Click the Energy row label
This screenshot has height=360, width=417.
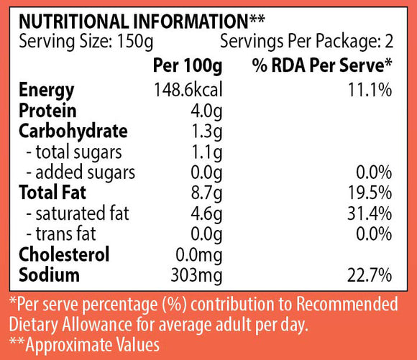point(47,91)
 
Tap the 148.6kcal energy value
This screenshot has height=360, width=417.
point(188,90)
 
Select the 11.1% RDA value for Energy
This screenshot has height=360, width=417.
point(370,90)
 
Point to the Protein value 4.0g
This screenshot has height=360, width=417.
point(206,111)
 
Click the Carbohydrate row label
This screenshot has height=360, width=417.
point(73,131)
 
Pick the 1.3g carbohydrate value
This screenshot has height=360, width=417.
point(207,132)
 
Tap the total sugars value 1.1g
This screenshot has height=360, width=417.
point(207,152)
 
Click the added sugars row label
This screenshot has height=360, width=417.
point(81,172)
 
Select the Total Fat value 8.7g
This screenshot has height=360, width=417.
point(206,193)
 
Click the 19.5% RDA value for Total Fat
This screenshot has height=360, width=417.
point(370,193)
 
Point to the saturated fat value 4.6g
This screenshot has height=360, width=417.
point(206,214)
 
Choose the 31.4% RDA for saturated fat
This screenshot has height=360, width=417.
point(370,213)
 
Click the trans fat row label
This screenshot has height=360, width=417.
point(61,234)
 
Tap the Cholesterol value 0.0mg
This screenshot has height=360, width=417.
point(198,255)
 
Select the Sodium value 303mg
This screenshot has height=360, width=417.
point(196,276)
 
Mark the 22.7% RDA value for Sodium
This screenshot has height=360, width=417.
point(370,275)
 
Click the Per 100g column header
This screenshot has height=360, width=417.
point(188,65)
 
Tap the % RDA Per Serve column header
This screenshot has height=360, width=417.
point(322,65)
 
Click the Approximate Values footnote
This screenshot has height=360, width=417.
point(84,345)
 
